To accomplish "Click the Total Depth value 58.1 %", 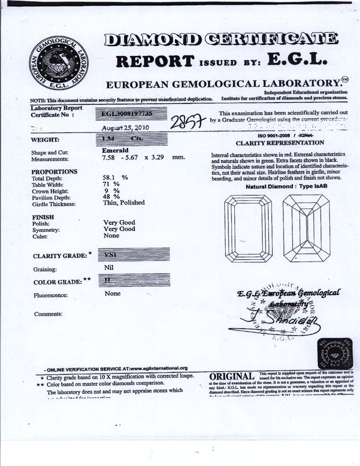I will point(114,178).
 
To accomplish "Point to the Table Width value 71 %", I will point(111,184).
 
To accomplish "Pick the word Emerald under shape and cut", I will point(115,150).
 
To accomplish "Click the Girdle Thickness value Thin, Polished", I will point(123,202).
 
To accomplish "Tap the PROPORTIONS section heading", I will point(54,171).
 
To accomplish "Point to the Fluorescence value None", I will point(113,293).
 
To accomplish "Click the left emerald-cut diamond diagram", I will point(248,228).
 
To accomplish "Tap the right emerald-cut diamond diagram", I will point(306,228).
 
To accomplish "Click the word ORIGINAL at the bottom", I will point(231,377).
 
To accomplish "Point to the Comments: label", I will point(48,314).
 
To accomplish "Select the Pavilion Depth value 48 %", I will point(111,197).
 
